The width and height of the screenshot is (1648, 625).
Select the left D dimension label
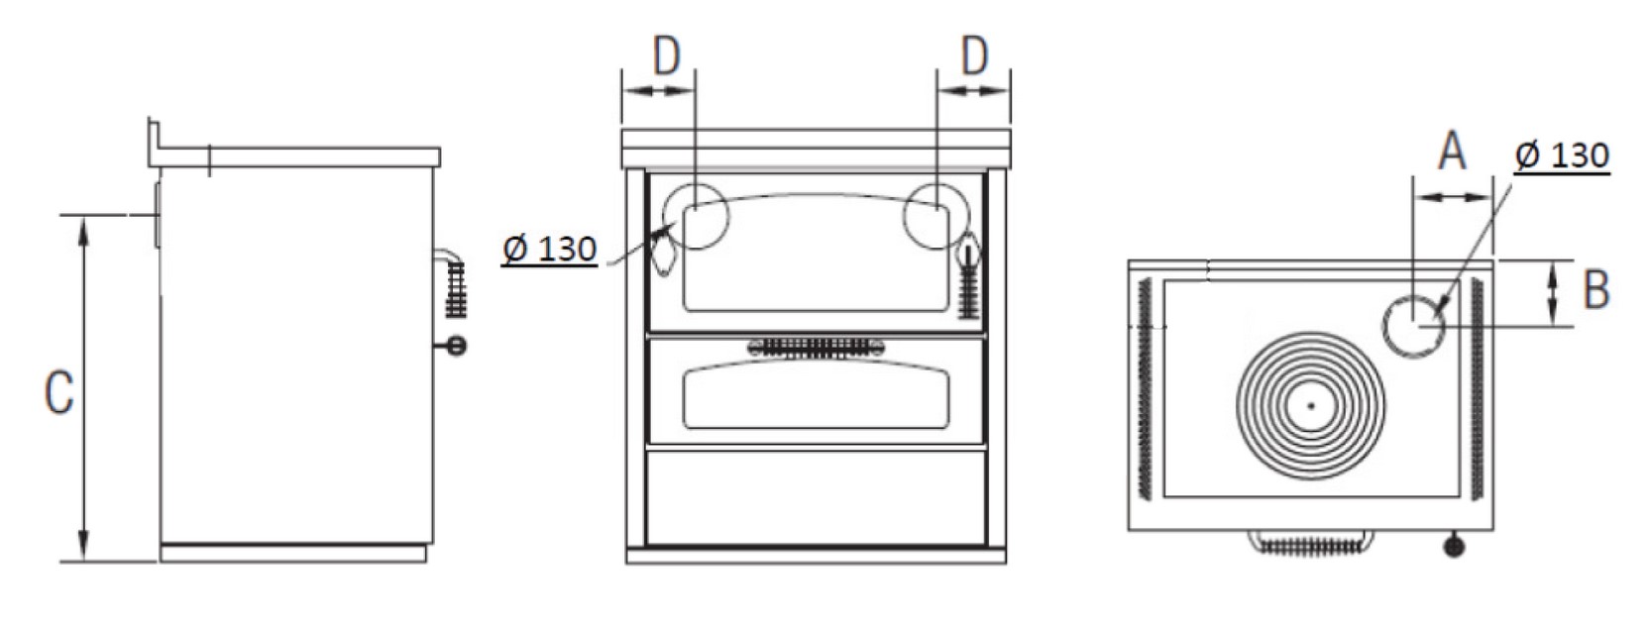667,55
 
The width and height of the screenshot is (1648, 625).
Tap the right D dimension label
975,55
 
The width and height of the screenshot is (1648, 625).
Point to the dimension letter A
1452,153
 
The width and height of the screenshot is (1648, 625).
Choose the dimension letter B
1596,288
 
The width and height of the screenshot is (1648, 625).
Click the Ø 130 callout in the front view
549,250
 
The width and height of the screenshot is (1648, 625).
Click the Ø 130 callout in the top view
1562,156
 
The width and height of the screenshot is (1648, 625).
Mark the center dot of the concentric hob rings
1310,404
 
